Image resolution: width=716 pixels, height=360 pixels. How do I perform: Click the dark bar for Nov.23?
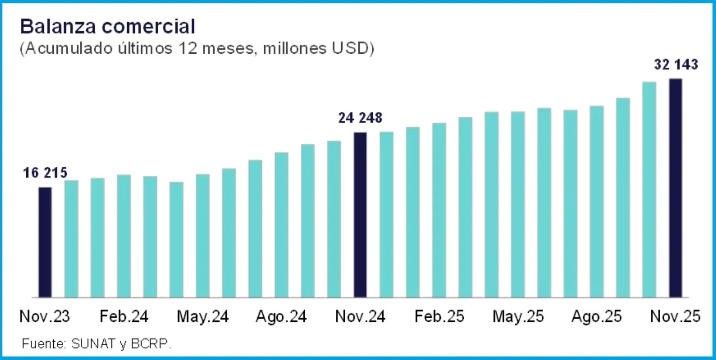tap(45, 242)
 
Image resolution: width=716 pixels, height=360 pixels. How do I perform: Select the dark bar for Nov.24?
tap(360, 215)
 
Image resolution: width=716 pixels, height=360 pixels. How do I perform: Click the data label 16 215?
tap(45, 173)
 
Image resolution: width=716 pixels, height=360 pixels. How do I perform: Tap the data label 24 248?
tap(360, 118)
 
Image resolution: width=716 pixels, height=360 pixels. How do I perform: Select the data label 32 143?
tap(676, 64)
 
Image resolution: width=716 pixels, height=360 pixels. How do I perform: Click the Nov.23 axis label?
tap(45, 317)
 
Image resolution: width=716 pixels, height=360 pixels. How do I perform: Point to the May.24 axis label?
tap(202, 317)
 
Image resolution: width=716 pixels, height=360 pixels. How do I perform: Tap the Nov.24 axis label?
tap(360, 317)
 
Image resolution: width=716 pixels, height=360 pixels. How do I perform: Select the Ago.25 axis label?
tap(596, 317)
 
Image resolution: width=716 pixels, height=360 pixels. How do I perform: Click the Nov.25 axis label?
tap(675, 317)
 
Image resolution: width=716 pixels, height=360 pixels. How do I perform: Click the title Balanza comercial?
tap(107, 27)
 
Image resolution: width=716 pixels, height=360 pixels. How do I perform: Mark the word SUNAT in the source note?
tap(93, 343)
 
